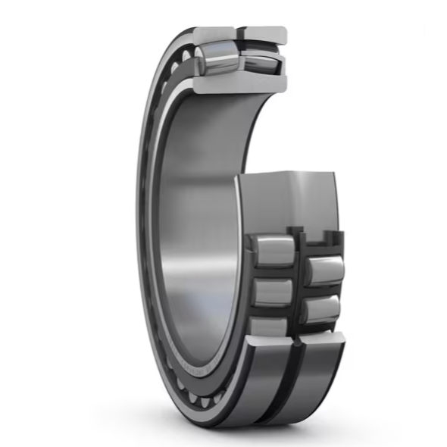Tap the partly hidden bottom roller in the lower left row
point(270,326)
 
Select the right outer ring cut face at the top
point(264,35)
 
